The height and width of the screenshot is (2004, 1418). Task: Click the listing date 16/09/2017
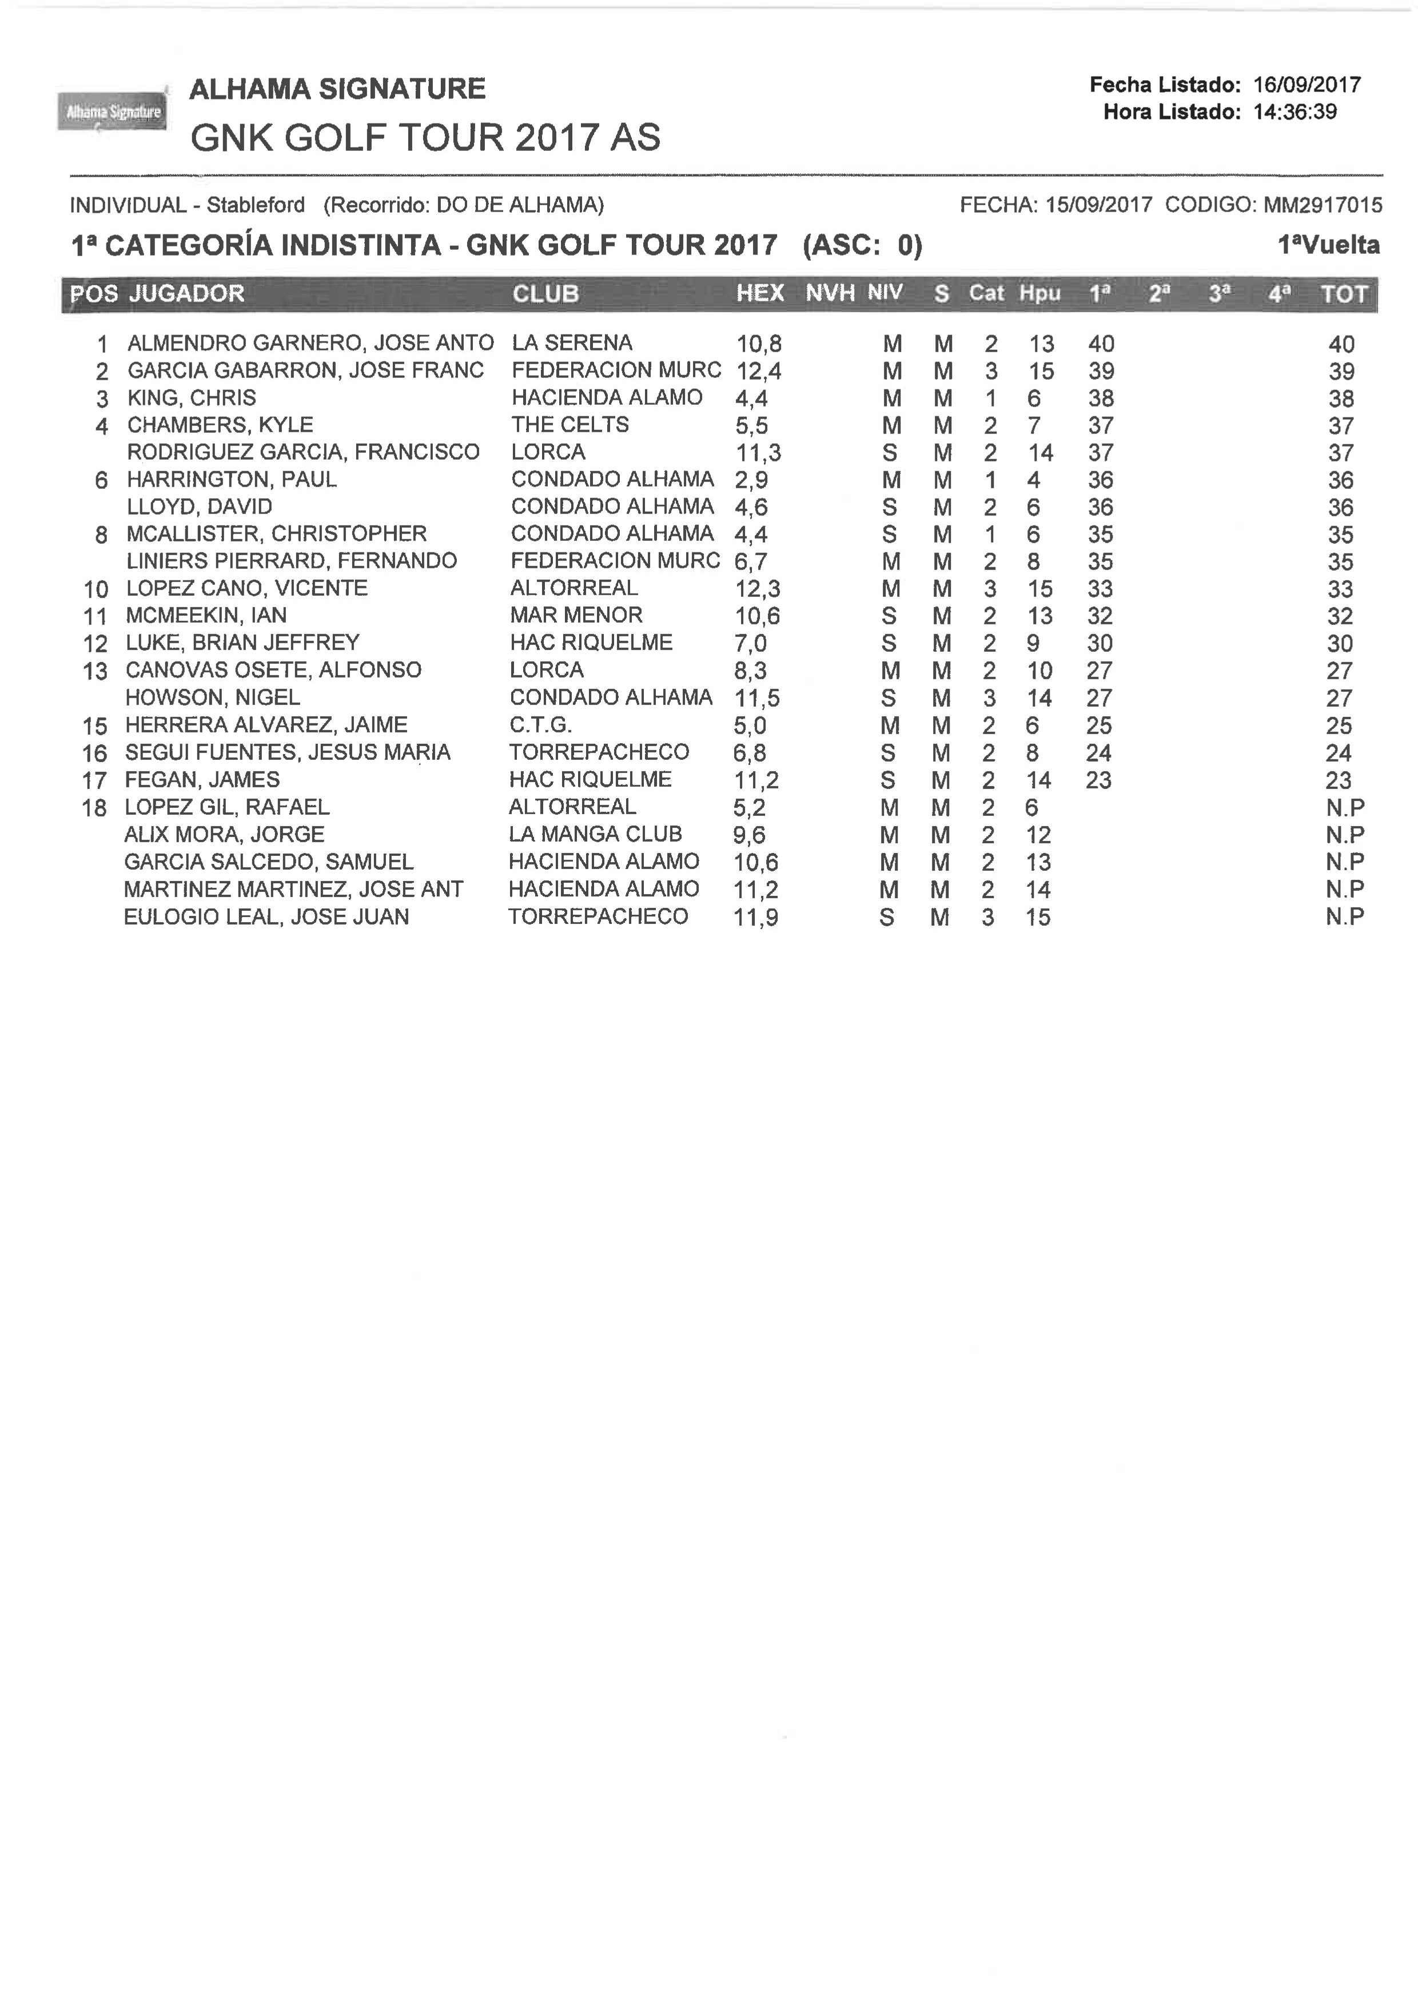click(x=1307, y=85)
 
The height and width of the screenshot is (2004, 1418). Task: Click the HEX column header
click(x=760, y=293)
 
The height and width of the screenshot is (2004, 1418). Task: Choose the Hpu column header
click(x=1039, y=293)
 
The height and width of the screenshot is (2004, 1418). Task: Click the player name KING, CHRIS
click(x=191, y=398)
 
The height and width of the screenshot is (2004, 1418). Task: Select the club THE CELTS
click(x=569, y=425)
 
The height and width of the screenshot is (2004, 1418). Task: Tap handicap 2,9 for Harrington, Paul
click(x=751, y=480)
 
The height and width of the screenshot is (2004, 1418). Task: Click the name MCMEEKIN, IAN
click(x=206, y=616)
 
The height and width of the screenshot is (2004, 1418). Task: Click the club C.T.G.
click(x=540, y=725)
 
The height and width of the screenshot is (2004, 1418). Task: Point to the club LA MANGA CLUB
click(x=595, y=834)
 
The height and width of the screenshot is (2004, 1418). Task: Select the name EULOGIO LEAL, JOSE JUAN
click(x=266, y=917)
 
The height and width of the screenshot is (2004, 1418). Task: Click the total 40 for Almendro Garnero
click(x=1341, y=345)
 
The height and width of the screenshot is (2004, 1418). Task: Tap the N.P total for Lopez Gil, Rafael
click(x=1344, y=808)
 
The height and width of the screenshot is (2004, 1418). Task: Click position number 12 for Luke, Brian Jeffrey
click(x=95, y=644)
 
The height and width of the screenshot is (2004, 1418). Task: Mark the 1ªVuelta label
click(x=1328, y=245)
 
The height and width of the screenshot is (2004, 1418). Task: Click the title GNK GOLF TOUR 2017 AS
click(x=425, y=138)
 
